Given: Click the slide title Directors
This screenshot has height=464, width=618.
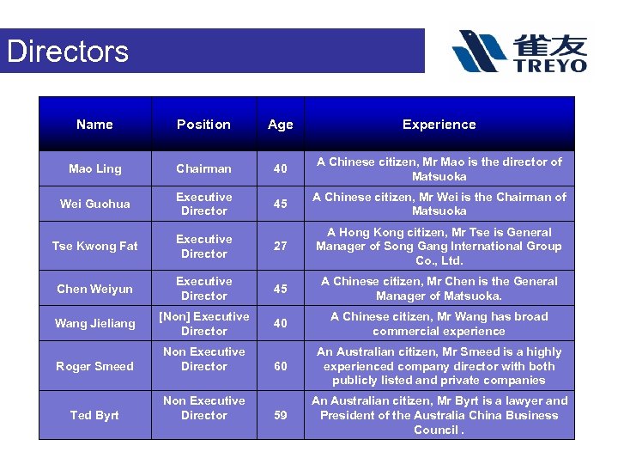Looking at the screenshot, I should click(68, 52).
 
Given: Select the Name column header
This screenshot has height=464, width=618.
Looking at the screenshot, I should click(94, 125).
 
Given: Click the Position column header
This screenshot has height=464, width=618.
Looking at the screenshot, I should click(203, 125).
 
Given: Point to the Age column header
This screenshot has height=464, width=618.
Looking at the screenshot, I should click(280, 125).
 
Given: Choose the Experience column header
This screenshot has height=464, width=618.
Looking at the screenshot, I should click(439, 125).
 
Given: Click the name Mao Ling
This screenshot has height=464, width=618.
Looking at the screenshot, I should click(95, 169).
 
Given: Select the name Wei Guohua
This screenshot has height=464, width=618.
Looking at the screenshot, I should click(95, 204).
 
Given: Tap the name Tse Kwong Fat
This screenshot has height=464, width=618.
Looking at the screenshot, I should click(95, 247).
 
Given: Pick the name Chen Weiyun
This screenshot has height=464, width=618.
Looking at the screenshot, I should click(95, 289).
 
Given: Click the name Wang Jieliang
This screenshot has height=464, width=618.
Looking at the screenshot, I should click(95, 324).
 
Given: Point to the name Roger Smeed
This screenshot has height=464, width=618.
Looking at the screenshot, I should click(95, 366).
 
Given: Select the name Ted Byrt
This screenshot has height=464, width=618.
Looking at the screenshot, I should click(95, 415).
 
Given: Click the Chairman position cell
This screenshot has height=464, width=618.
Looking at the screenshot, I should click(203, 169).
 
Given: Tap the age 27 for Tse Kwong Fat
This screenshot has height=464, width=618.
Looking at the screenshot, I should click(280, 247).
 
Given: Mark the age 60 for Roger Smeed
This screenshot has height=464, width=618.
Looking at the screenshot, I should click(280, 366).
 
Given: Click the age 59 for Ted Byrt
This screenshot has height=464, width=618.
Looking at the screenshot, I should click(280, 415).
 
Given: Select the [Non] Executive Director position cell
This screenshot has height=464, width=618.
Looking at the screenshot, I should click(203, 324).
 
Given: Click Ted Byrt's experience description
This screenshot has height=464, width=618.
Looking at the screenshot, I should click(439, 415).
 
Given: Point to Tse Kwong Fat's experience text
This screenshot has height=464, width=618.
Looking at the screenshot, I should click(439, 247).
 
